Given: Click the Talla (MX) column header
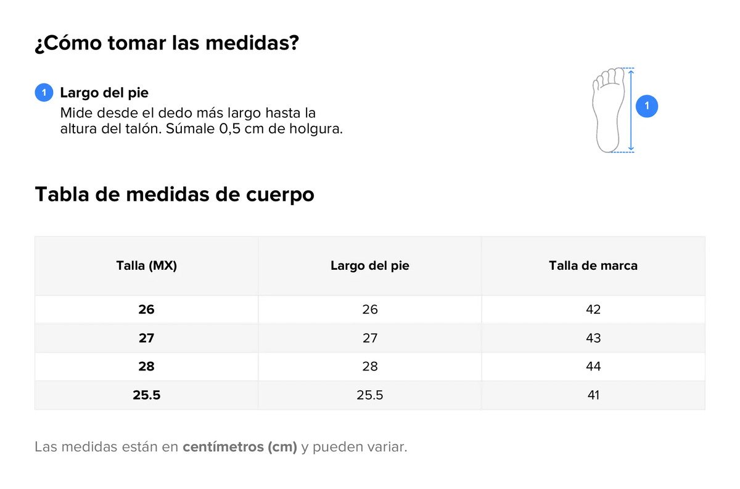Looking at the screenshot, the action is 146,265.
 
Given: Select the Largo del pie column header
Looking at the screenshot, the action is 369,265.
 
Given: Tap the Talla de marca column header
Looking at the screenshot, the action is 593,265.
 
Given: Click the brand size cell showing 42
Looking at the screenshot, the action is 593,309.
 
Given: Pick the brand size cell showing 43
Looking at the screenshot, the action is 593,338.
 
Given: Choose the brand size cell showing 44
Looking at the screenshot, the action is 593,366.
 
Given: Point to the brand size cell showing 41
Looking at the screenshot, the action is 593,395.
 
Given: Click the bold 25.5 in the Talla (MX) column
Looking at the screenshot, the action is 146,395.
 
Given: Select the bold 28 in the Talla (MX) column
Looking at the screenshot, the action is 146,366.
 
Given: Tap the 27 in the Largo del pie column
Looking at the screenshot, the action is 369,338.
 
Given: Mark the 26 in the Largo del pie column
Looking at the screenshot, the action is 369,309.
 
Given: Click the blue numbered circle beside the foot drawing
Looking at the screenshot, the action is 646,106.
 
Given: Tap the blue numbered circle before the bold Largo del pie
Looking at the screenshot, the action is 44,93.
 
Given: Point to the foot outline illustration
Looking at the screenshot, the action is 608,110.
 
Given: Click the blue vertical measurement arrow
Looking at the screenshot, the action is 631,110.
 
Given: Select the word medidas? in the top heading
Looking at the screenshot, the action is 252,43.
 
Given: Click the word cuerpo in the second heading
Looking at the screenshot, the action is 280,194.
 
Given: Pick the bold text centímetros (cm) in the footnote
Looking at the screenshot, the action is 240,447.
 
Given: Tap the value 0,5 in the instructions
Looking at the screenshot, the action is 229,128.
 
